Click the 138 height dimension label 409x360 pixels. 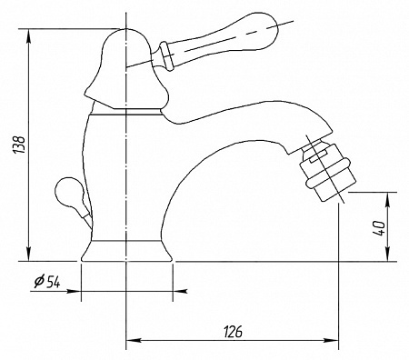click(x=20, y=145)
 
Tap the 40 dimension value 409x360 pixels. click(x=379, y=228)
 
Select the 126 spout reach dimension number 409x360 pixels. click(x=234, y=332)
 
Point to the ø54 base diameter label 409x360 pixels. click(x=47, y=282)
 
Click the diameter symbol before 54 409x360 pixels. click(x=39, y=282)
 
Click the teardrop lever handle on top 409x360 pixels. click(x=217, y=38)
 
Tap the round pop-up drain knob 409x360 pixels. click(x=68, y=194)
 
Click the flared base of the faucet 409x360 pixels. click(x=126, y=251)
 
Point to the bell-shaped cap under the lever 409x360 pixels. click(x=126, y=69)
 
